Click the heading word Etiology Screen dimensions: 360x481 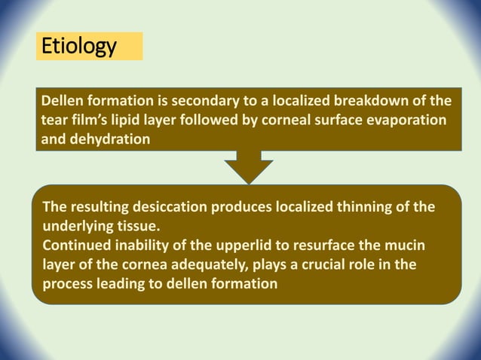pyautogui.click(x=78, y=47)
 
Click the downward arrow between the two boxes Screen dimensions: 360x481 pyautogui.click(x=248, y=167)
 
